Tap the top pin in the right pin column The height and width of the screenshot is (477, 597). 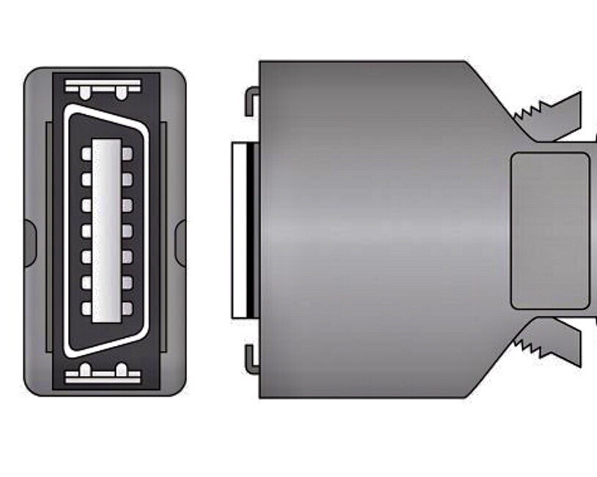point(127,153)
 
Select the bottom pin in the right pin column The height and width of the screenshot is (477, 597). point(127,309)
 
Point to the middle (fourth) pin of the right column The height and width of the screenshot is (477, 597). point(127,230)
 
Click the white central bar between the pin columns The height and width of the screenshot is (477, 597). point(107,230)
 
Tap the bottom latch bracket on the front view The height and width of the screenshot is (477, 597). point(103,374)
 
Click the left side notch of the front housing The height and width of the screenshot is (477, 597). point(29,242)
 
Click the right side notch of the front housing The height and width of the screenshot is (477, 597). point(180,242)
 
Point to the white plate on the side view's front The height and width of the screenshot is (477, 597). point(238,230)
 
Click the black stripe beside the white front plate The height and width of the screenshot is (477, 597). point(251,230)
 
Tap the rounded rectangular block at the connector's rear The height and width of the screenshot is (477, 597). point(549,230)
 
